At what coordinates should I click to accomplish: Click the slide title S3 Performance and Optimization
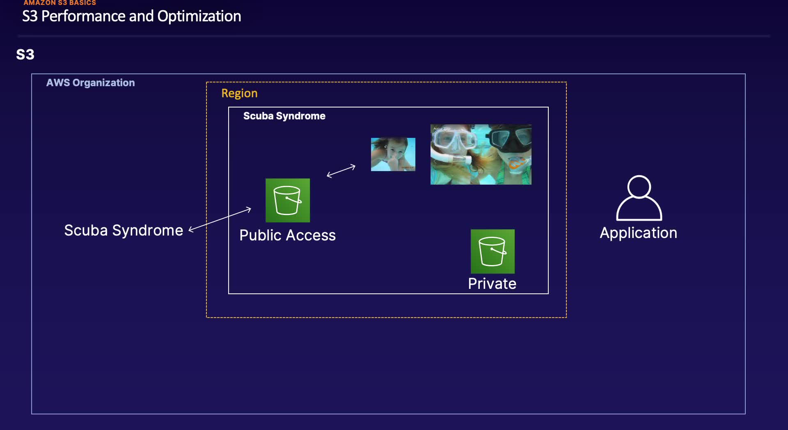pos(131,16)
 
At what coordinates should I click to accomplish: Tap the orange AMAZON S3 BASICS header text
pos(60,3)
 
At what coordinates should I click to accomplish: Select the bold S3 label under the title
pos(25,55)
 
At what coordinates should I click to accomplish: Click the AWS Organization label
pos(90,83)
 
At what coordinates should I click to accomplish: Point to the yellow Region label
pos(239,94)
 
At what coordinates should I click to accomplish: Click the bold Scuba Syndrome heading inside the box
pos(284,116)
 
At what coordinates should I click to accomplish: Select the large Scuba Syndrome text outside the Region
pos(124,231)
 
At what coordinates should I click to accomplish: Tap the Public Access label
pos(287,236)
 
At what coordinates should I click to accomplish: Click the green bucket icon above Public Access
pos(288,200)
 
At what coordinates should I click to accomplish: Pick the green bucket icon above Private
pos(492,251)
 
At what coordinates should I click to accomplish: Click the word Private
pos(492,284)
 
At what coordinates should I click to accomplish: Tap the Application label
pos(638,233)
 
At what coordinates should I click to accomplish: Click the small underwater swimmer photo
pos(393,154)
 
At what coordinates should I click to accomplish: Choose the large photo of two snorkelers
pos(481,154)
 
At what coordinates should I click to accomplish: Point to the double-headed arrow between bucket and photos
pos(341,171)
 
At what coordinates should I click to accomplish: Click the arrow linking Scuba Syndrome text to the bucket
pos(220,220)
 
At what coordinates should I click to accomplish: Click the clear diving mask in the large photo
pos(454,140)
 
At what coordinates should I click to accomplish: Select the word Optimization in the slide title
pos(199,16)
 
